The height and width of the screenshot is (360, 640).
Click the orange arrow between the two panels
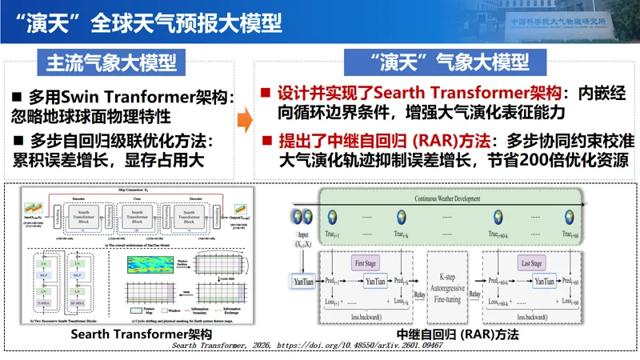coord(246,121)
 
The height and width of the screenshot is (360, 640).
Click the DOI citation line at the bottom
coord(320,347)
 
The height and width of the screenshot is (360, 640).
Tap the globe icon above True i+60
coord(569,217)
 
